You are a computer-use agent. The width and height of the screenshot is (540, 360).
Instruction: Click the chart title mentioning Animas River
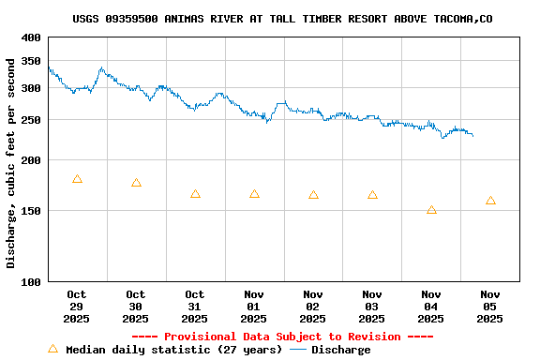282,19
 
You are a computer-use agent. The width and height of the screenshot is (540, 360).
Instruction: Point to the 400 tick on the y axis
31,37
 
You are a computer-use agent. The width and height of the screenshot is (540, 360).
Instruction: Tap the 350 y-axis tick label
31,61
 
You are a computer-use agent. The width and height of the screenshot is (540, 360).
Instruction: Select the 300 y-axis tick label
31,88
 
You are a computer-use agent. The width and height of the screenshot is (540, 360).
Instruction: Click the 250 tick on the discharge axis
31,120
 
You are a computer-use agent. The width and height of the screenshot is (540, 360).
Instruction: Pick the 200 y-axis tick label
31,160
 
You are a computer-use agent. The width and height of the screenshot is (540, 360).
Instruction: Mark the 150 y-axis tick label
31,211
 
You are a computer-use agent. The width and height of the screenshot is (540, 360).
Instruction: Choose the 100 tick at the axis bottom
31,281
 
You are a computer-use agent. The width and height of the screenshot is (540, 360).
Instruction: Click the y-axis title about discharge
11,163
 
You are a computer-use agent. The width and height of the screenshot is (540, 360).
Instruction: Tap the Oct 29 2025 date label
77,307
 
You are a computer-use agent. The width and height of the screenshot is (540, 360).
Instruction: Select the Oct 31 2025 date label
195,307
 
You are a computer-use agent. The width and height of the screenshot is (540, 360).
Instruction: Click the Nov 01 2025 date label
254,307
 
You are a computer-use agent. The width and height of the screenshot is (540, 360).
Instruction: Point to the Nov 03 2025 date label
372,307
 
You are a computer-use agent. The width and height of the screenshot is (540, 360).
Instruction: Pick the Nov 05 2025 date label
490,307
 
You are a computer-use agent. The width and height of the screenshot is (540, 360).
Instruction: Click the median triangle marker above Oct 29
77,179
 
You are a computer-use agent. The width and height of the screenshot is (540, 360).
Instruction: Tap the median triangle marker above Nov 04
431,210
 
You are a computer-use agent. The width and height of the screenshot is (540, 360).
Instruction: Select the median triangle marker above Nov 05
490,201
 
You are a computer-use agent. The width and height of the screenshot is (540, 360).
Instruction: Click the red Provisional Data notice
282,337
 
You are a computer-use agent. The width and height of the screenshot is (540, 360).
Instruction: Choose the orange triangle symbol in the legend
52,349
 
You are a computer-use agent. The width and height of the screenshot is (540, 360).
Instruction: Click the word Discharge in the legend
340,350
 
